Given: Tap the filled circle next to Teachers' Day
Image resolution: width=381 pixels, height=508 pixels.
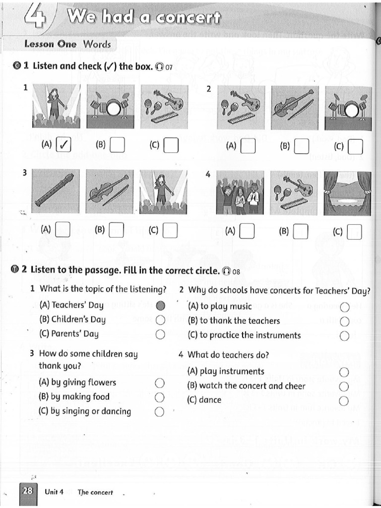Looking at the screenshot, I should point(160,306).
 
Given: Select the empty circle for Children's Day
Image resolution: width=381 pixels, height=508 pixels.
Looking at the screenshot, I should point(160,320).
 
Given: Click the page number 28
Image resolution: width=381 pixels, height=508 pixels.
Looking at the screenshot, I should point(27,492).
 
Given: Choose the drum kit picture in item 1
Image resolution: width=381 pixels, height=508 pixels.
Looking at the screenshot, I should point(109,106).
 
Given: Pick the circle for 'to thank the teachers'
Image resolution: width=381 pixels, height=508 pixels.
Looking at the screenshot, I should point(345,321).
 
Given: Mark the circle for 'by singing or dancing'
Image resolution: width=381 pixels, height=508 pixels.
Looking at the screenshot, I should point(159,412).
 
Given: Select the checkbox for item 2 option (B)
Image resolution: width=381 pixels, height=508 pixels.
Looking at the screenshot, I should point(301,146).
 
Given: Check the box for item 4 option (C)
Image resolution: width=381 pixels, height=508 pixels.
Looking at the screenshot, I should point(355,232).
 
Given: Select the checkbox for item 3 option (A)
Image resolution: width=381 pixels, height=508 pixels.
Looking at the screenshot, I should point(63,230).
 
